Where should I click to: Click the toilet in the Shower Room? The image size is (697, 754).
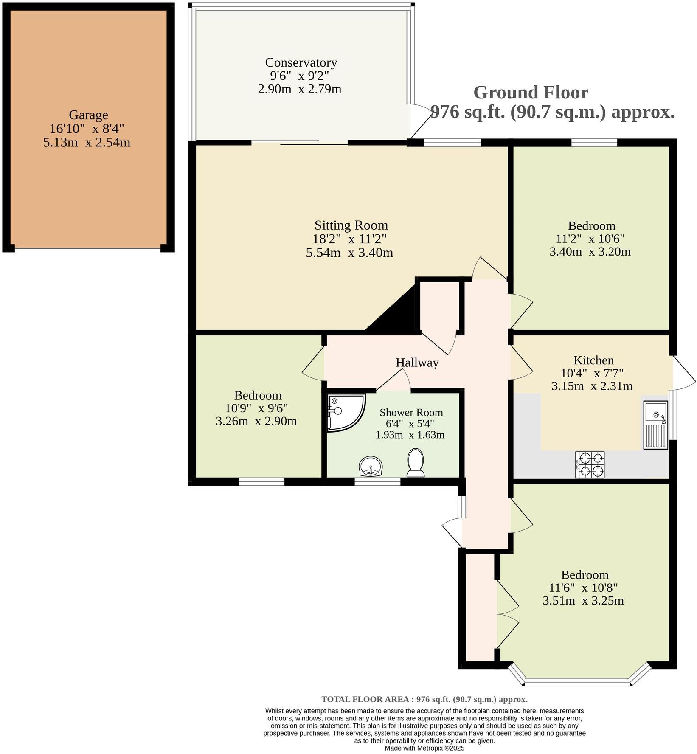click(416, 463)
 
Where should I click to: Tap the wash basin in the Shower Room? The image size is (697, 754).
click(371, 466)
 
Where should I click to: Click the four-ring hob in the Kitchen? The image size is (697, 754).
click(590, 464)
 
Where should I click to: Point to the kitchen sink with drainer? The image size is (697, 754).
click(655, 425)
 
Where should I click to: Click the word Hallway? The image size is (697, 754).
click(417, 363)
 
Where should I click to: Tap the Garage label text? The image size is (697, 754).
click(88, 115)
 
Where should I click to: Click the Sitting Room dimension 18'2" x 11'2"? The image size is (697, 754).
click(351, 239)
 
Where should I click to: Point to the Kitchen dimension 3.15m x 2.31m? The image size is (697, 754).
click(592, 386)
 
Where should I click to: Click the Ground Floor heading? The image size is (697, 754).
click(531, 93)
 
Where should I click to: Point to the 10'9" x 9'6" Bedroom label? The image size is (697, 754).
click(258, 395)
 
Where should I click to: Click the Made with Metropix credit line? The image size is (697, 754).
click(424, 748)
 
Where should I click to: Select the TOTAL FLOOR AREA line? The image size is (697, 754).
click(424, 699)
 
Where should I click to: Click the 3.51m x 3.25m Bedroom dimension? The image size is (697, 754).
click(583, 601)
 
